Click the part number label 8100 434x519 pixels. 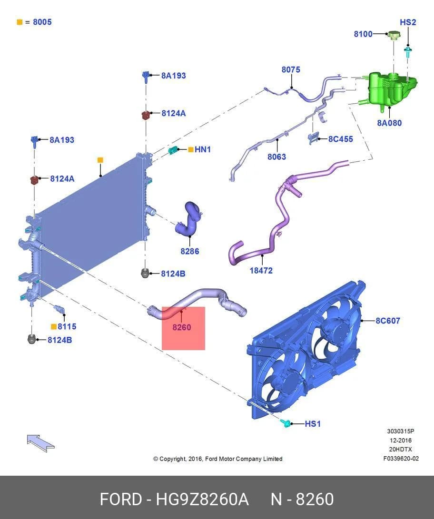(363, 34)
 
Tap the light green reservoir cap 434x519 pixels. (394, 35)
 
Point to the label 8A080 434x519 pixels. (389, 123)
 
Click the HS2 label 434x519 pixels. (407, 22)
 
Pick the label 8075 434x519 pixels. (291, 69)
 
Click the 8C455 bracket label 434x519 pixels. (340, 139)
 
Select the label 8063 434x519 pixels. (276, 157)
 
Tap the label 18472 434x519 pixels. (261, 270)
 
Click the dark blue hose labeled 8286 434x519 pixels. (190, 220)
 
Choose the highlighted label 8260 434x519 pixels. (182, 327)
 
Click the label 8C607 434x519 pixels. (388, 321)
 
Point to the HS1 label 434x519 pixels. (313, 424)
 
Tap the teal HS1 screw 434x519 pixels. (286, 423)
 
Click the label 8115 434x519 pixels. (67, 326)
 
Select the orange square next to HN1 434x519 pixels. (191, 149)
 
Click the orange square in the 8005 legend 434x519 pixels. (20, 22)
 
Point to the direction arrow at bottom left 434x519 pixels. (40, 443)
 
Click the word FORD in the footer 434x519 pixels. (120, 499)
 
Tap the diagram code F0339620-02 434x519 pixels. (401, 459)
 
